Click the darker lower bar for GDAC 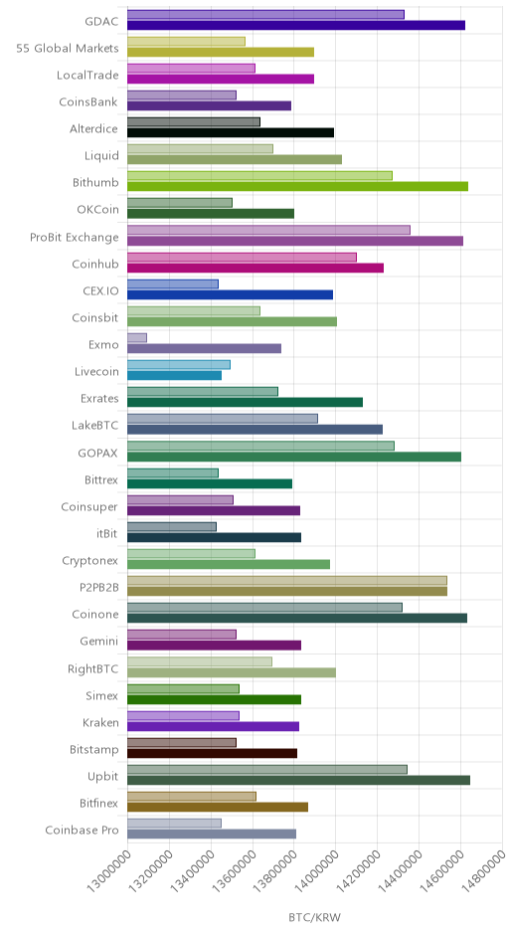pyautogui.click(x=296, y=25)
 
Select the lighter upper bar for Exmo pyautogui.click(x=137, y=338)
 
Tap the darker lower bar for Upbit pyautogui.click(x=298, y=780)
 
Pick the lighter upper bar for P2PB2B pyautogui.click(x=287, y=581)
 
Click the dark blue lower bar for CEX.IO pyautogui.click(x=230, y=294)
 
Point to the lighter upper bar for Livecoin pyautogui.click(x=179, y=365)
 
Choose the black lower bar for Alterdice pyautogui.click(x=231, y=133)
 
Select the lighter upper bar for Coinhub pyautogui.click(x=242, y=257)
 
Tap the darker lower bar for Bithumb pyautogui.click(x=297, y=187)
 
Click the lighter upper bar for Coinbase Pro pyautogui.click(x=175, y=824)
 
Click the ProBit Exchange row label pyautogui.click(x=75, y=238)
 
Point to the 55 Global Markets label pyautogui.click(x=68, y=49)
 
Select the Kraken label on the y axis pyautogui.click(x=100, y=723)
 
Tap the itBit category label pyautogui.click(x=107, y=534)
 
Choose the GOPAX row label pyautogui.click(x=98, y=454)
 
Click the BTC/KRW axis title pyautogui.click(x=315, y=917)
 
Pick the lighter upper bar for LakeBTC pyautogui.click(x=223, y=419)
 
